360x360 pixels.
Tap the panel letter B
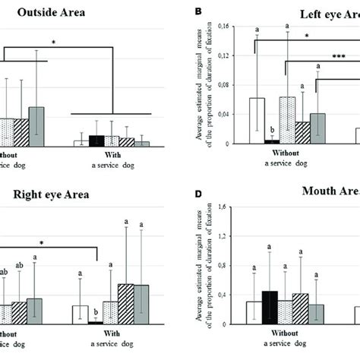[198, 13]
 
